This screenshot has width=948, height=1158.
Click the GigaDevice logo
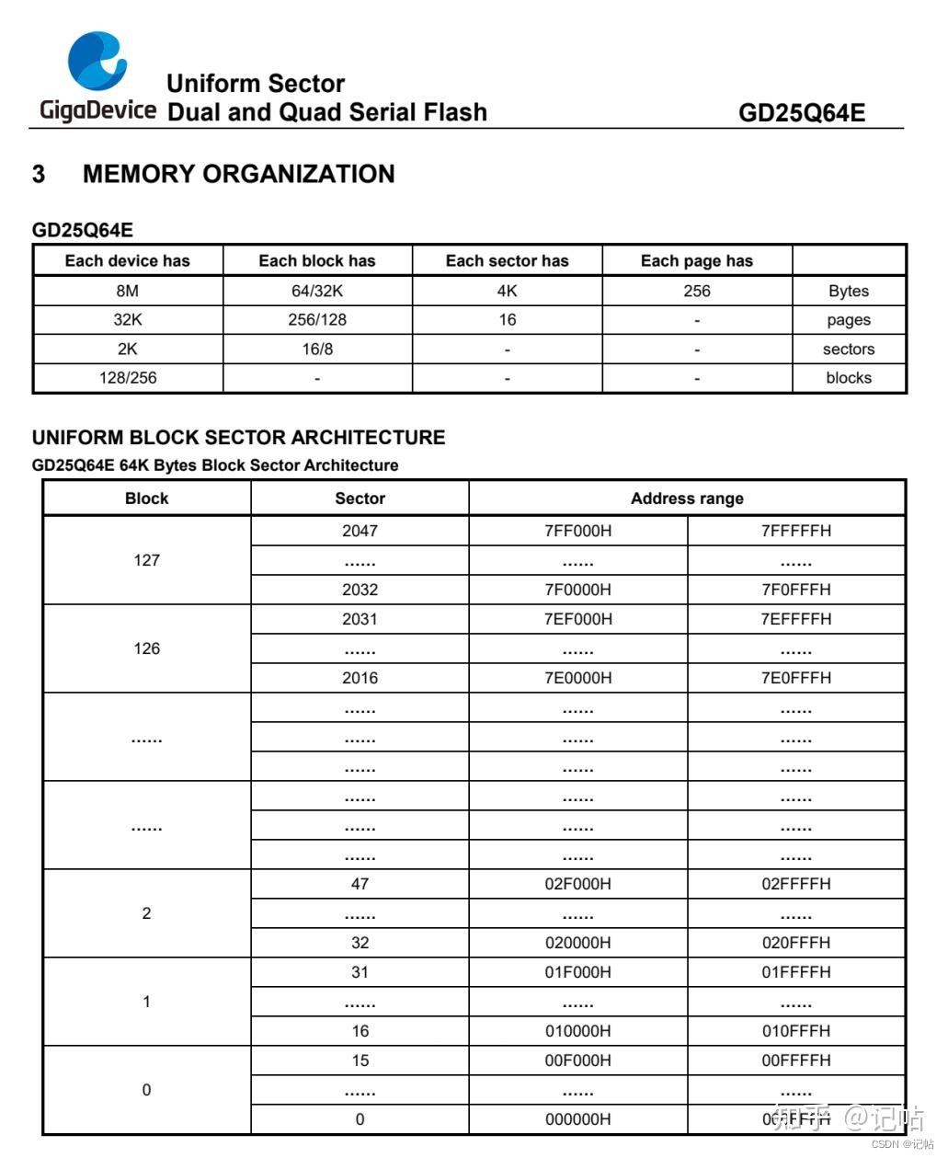point(97,77)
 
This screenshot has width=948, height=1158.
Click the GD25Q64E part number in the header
point(801,113)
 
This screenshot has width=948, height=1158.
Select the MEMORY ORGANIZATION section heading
point(238,174)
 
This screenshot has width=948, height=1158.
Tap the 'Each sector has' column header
point(507,261)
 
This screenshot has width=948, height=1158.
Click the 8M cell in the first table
point(128,291)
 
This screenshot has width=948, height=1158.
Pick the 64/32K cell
point(317,291)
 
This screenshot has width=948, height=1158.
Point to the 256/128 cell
point(317,320)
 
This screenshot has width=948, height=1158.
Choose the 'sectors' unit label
point(848,350)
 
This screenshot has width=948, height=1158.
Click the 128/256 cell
point(128,378)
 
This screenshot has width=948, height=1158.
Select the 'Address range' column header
point(687,499)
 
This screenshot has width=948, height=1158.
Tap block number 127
point(147,560)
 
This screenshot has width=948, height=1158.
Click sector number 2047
point(360,531)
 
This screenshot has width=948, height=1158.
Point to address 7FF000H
point(577,531)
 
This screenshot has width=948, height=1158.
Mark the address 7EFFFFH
point(795,619)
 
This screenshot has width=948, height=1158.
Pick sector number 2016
point(360,678)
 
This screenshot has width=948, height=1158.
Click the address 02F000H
point(577,884)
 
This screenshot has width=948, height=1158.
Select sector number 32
point(360,943)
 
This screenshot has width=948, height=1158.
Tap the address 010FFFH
point(795,1031)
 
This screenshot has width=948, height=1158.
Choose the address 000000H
point(577,1119)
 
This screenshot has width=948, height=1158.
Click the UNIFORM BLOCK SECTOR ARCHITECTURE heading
point(238,438)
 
